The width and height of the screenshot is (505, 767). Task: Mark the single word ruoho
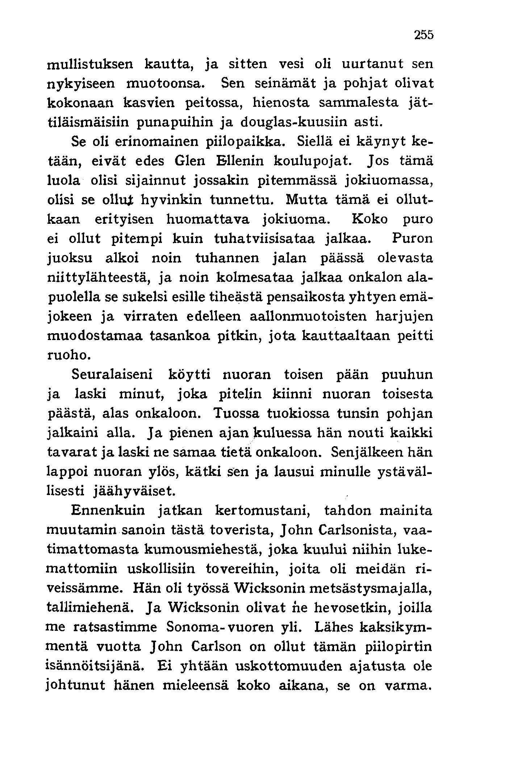point(68,356)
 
